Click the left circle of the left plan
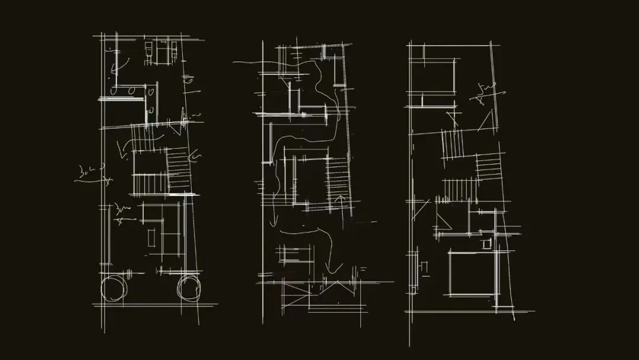pyautogui.click(x=112, y=288)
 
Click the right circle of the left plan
pyautogui.click(x=189, y=288)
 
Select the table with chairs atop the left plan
pyautogui.click(x=162, y=51)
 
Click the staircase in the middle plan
pyautogui.click(x=338, y=178)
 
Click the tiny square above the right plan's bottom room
pyautogui.click(x=486, y=243)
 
